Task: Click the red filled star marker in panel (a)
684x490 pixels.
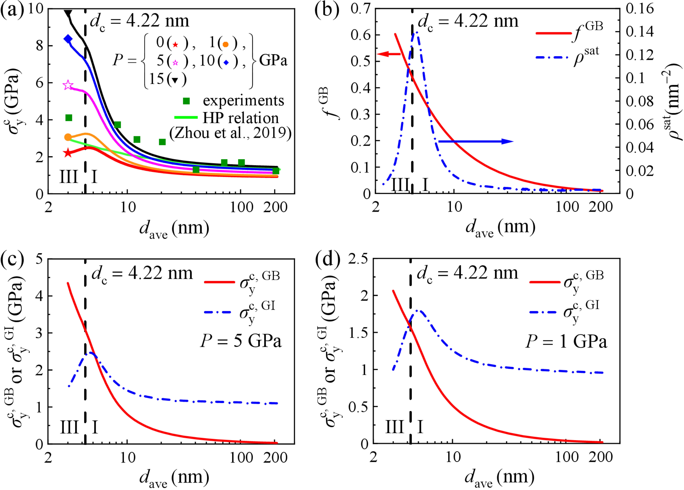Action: pos(68,153)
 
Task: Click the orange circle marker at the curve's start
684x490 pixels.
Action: pos(68,137)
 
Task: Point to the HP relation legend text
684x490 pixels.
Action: pos(240,118)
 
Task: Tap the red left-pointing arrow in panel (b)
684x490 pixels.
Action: pos(389,54)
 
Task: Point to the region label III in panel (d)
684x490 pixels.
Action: pos(394,427)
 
